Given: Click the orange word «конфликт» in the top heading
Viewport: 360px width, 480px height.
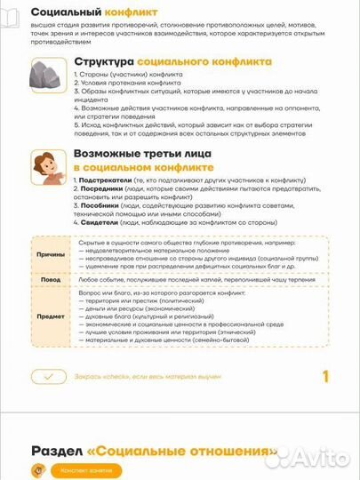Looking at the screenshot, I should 131,12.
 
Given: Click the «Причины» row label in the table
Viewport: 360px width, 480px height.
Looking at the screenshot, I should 50,254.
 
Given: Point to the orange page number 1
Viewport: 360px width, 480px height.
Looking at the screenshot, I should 325,376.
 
